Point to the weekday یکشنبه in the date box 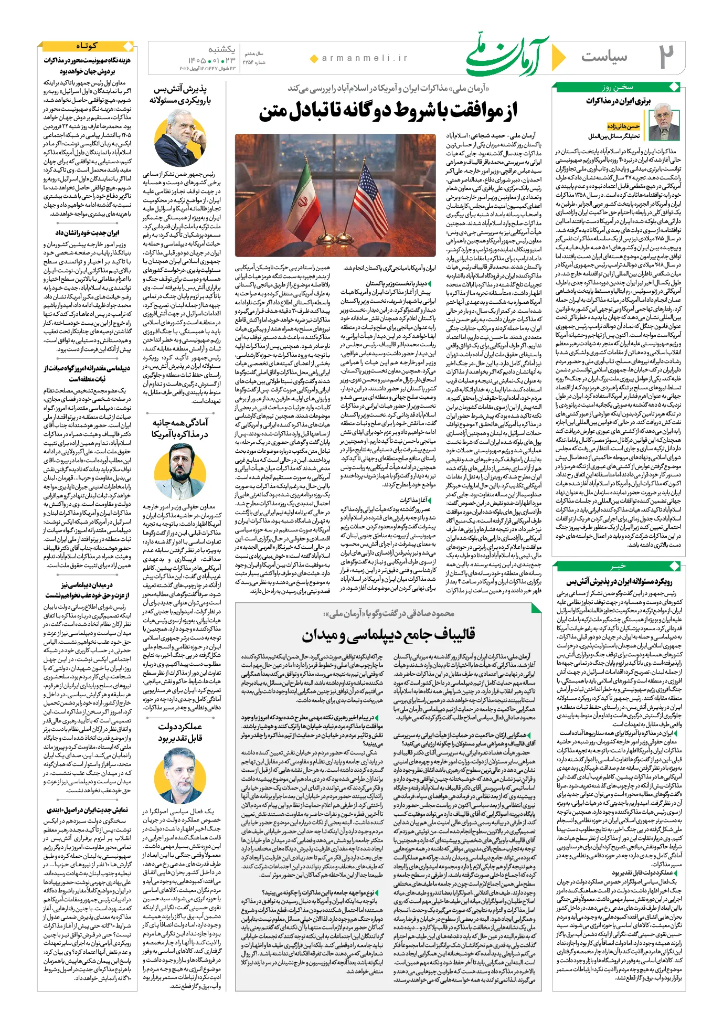(x=221, y=49)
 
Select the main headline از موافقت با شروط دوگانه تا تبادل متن (x=388, y=111)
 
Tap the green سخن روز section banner (x=617, y=87)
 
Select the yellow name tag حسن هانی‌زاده (x=623, y=126)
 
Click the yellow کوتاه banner (x=87, y=46)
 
